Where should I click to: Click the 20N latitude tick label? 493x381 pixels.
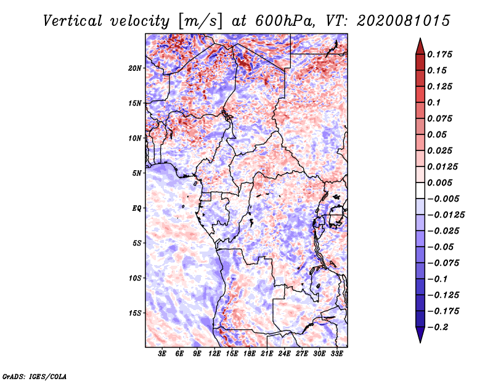click(135, 68)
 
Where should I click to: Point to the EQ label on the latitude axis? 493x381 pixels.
click(137, 208)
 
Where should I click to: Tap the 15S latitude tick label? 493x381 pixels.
click(135, 313)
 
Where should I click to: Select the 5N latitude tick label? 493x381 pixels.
click(137, 173)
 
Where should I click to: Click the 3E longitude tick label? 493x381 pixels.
click(162, 353)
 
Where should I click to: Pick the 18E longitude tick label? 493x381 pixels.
click(250, 353)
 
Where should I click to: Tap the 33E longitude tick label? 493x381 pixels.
click(336, 353)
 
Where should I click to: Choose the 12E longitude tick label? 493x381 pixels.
click(214, 353)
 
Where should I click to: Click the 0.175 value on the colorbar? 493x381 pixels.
click(439, 54)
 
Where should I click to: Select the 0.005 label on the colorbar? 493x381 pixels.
click(439, 182)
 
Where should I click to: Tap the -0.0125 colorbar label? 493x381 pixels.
click(446, 215)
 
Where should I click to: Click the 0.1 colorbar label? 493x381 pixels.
click(434, 102)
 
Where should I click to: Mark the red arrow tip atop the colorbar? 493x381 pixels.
click(420, 39)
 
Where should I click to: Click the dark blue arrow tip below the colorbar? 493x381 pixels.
click(420, 342)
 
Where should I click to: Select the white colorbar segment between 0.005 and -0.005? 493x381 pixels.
click(420, 190)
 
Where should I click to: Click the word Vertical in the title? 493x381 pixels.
click(73, 21)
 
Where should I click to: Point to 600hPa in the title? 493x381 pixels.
click(285, 21)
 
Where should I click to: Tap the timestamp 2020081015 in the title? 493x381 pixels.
click(404, 21)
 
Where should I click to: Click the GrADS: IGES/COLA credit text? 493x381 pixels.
click(35, 377)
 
